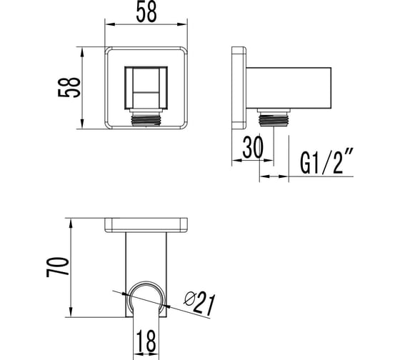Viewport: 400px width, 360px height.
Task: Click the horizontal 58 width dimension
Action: pyautogui.click(x=146, y=12)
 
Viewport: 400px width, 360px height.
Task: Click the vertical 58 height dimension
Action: pyautogui.click(x=69, y=88)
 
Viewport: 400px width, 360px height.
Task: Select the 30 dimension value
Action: pyautogui.click(x=253, y=147)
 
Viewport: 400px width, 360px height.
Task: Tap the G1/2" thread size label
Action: pyautogui.click(x=327, y=161)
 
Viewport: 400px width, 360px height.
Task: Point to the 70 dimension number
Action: pyautogui.click(x=58, y=267)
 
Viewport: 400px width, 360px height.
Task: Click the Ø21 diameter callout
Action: pyautogui.click(x=200, y=303)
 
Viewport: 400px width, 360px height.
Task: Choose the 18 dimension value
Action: pyautogui.click(x=146, y=341)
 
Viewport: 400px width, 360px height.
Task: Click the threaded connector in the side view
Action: pyautogui.click(x=274, y=117)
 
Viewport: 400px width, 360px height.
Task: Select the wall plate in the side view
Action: pyautogui.click(x=239, y=88)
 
